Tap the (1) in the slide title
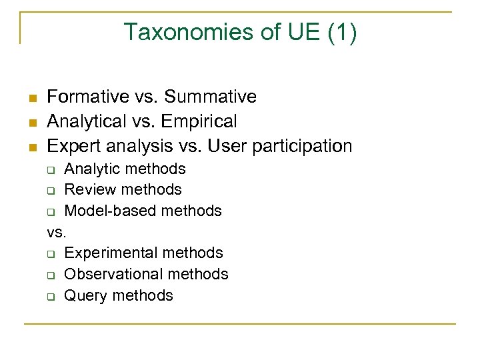[342, 32]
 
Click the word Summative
[210, 97]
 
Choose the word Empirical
[199, 121]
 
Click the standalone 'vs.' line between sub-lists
[57, 232]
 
